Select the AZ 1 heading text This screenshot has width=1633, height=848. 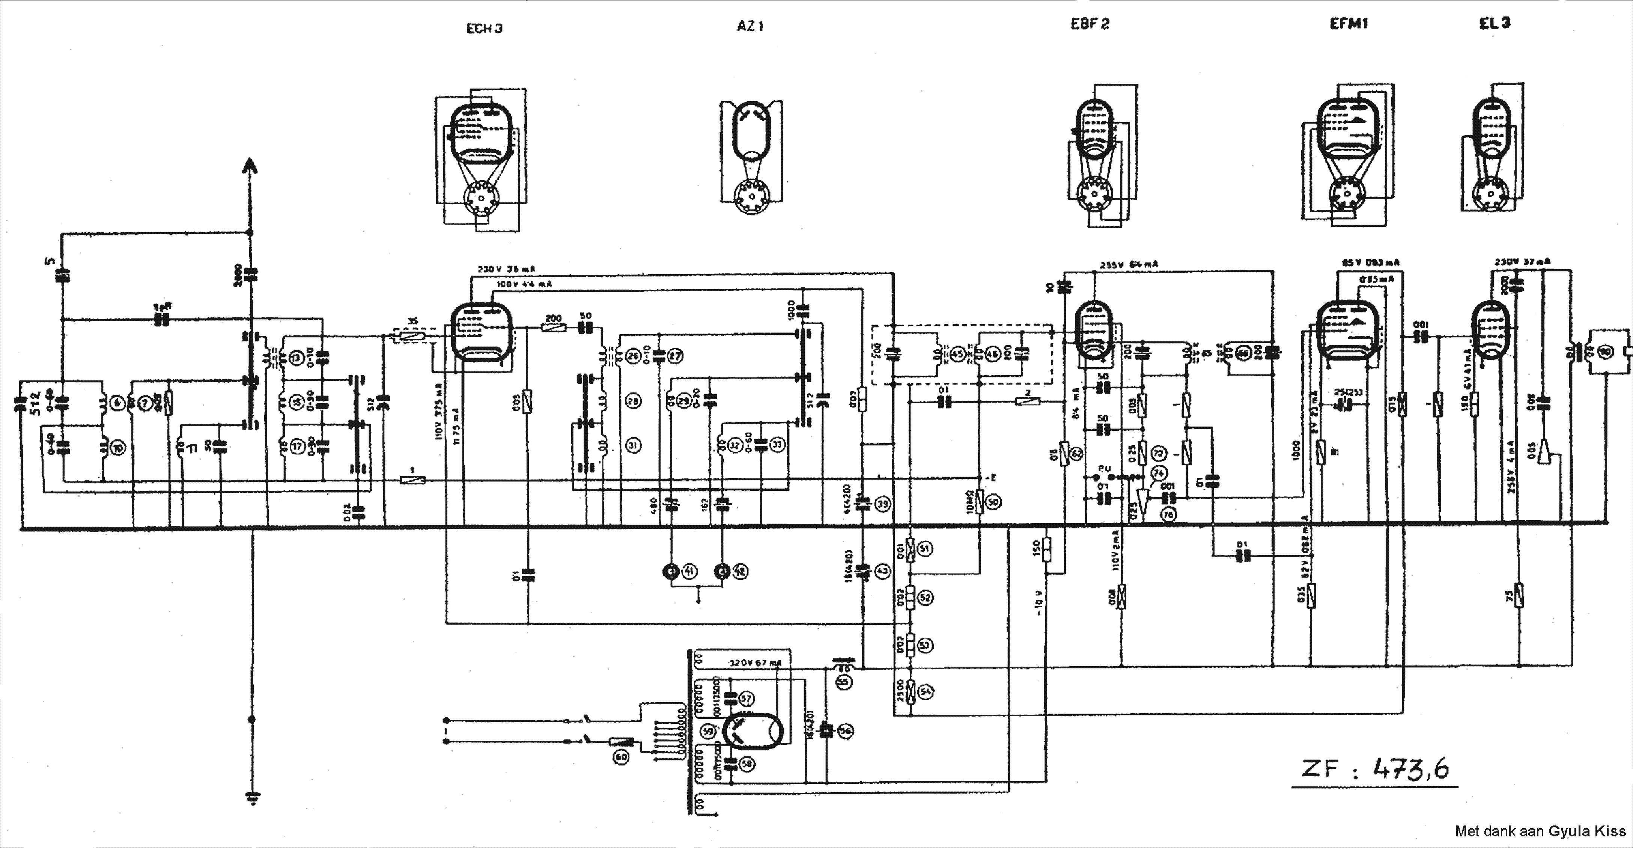click(x=751, y=26)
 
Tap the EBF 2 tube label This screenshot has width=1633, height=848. click(x=1090, y=24)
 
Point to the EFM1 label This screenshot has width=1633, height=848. click(x=1349, y=23)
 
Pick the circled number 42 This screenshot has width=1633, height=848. click(x=740, y=572)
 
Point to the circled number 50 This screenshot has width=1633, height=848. click(x=993, y=502)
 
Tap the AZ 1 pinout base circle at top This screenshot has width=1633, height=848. click(x=751, y=197)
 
